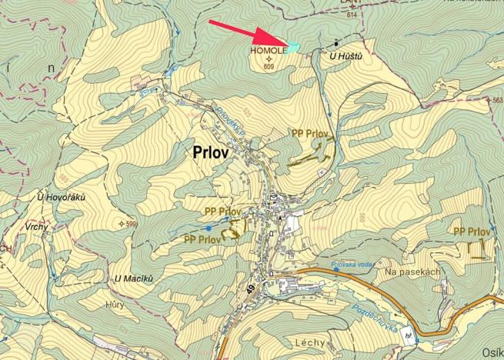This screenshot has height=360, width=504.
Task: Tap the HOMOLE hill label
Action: (267, 50)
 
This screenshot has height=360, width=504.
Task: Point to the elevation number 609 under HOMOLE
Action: (269, 67)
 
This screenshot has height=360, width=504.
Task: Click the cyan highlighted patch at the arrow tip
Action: (292, 48)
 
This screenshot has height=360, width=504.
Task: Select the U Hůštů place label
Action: (345, 57)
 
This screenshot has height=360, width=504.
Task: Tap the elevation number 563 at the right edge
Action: (496, 101)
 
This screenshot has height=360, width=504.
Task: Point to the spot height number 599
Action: (130, 224)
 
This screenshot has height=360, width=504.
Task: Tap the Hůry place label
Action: (115, 304)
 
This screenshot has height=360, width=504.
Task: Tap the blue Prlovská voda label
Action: (352, 265)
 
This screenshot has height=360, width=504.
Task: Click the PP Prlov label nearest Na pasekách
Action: (472, 232)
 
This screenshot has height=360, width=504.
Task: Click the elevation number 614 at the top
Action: (352, 15)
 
